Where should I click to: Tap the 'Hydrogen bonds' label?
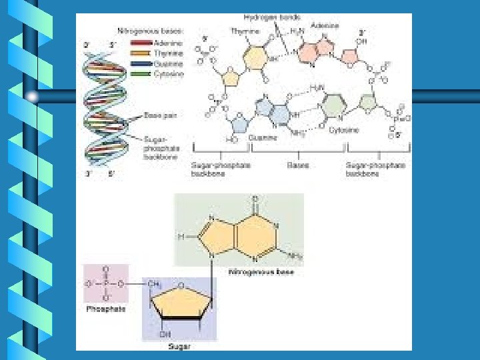coord(262,17)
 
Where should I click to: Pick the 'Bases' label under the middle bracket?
coord(298,165)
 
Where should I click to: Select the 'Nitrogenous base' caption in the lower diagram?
coord(261,272)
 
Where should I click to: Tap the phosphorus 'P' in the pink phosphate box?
coord(105,282)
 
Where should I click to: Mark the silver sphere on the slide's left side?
coord(32,97)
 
